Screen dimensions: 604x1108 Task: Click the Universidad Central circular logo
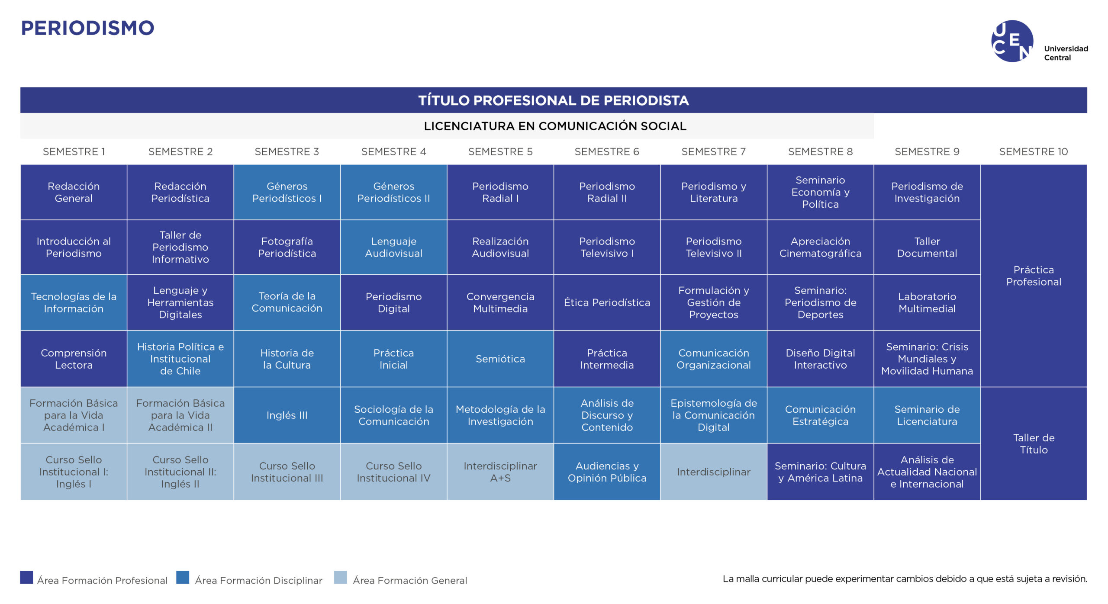(1012, 41)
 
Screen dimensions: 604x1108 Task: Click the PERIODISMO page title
(87, 28)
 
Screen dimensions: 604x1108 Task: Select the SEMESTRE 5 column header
(500, 152)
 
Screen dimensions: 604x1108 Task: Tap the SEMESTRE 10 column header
(1033, 152)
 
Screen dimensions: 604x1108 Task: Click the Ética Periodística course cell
(607, 302)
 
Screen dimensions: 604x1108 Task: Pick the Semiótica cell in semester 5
(500, 359)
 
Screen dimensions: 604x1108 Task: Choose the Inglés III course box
(287, 415)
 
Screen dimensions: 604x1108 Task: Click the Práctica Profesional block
(1034, 276)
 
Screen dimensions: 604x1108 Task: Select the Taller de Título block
(1034, 443)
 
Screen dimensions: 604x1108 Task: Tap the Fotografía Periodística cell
(287, 247)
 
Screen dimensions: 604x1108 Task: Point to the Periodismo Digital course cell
(393, 302)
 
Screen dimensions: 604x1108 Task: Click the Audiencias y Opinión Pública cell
(607, 472)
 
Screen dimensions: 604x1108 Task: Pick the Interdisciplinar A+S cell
(500, 472)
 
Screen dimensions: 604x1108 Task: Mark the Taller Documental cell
(927, 247)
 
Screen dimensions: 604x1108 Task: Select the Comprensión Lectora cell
(74, 359)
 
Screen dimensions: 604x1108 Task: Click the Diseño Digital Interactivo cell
(820, 359)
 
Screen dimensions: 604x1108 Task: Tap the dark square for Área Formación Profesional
(26, 578)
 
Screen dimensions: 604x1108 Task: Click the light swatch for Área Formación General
(340, 578)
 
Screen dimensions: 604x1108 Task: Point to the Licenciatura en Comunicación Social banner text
(555, 126)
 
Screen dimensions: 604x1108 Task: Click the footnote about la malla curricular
(905, 579)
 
